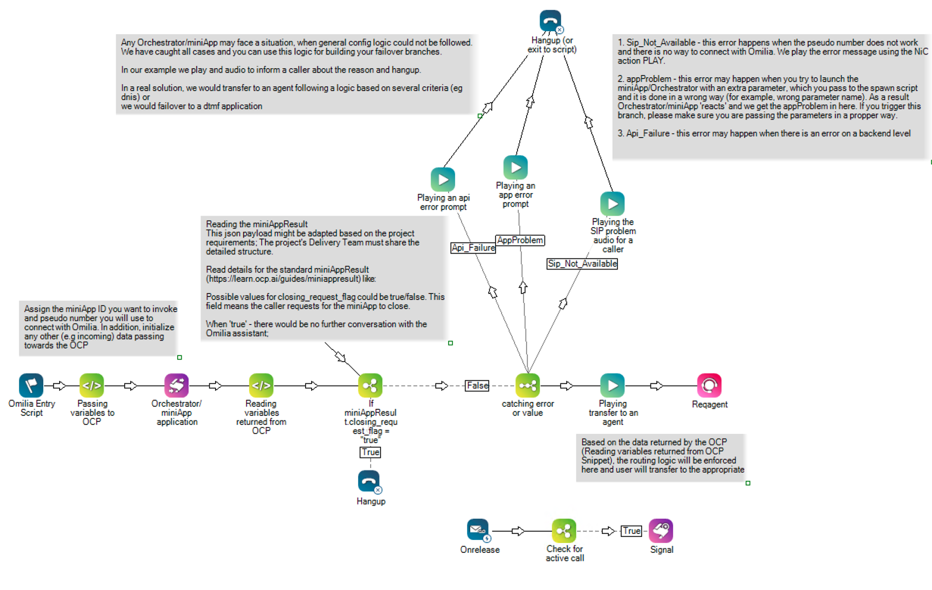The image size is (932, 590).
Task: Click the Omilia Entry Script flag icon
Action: click(x=31, y=386)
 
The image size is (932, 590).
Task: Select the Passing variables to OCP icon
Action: click(x=92, y=386)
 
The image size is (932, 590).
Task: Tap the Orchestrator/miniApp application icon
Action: click(x=176, y=386)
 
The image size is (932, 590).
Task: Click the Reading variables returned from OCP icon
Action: click(x=261, y=386)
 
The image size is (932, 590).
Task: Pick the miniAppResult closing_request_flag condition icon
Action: click(x=370, y=386)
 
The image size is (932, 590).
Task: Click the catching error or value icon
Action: click(x=528, y=386)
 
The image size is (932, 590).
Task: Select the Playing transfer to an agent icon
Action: click(x=613, y=386)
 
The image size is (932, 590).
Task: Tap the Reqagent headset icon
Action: click(x=709, y=386)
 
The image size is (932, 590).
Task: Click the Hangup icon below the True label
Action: click(x=370, y=482)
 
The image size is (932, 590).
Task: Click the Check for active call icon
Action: click(x=564, y=531)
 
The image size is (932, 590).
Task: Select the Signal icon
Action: click(x=661, y=531)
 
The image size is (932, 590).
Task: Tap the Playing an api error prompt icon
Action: click(x=443, y=179)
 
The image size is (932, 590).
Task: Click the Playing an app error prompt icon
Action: click(x=516, y=167)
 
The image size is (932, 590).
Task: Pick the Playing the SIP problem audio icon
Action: click(x=613, y=204)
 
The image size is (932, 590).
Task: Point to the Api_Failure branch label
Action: click(x=473, y=248)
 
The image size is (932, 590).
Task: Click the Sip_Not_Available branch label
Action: click(x=582, y=264)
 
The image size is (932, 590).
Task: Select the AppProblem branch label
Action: click(x=520, y=240)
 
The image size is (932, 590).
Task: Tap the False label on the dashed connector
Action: click(x=478, y=386)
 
